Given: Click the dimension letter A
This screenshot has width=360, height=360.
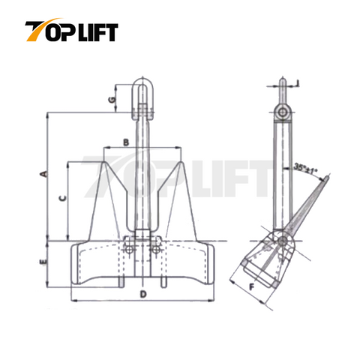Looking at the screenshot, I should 43,174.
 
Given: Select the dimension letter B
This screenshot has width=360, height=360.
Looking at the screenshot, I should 127,141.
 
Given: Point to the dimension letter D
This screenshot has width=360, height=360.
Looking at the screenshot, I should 142,294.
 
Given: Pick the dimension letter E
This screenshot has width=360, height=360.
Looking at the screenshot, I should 43,262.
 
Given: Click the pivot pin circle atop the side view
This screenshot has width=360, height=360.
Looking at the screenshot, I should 281,112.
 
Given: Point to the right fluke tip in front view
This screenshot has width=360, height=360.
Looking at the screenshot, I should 181,160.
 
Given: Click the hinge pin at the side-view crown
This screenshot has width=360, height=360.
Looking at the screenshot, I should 282,241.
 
